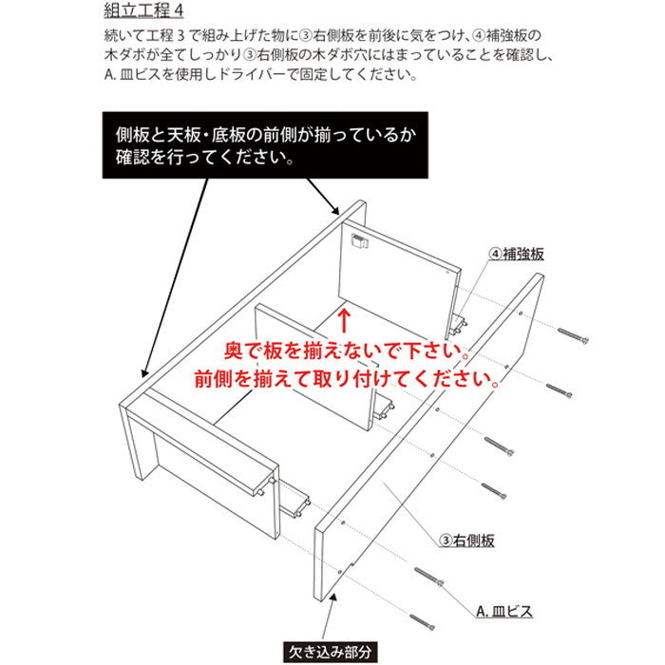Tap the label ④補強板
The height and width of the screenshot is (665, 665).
point(517,255)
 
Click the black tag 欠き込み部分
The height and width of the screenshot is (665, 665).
point(332,652)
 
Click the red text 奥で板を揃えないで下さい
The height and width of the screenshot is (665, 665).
point(345,352)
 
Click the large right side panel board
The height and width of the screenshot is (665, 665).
point(427,446)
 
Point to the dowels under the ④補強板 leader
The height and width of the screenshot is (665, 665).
point(460,324)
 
